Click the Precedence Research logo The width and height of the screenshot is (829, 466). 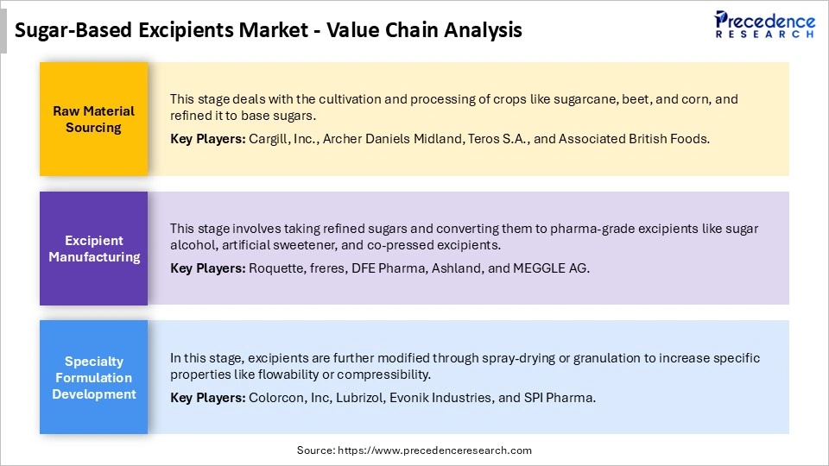pyautogui.click(x=764, y=24)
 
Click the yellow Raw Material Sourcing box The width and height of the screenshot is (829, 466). pyautogui.click(x=93, y=119)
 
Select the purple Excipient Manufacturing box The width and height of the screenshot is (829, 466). pyautogui.click(x=93, y=249)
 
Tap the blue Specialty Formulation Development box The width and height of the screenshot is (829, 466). pyautogui.click(x=93, y=377)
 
